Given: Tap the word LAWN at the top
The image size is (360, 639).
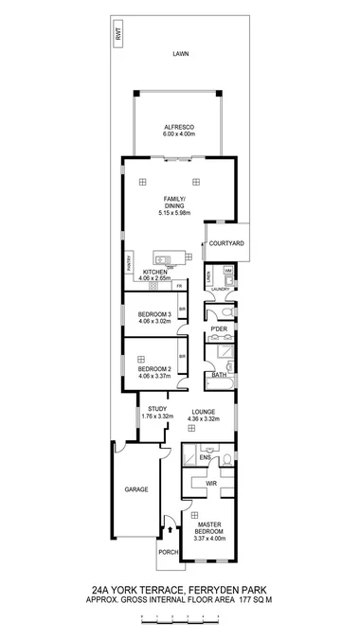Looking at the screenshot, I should click(180, 54).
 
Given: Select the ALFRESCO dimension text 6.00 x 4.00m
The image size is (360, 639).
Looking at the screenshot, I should click(178, 134).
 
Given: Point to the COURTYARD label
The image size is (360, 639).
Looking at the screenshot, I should click(226, 243).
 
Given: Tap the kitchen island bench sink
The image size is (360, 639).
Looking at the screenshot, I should click(163, 258).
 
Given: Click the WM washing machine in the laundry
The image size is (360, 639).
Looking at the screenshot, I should click(228, 272).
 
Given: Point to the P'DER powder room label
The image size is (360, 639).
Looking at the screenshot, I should click(219, 329).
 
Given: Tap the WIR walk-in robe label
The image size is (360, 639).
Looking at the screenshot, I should click(213, 483).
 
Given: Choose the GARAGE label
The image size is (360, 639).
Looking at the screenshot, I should click(137, 489).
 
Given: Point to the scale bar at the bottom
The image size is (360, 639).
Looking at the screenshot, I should click(180, 618).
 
